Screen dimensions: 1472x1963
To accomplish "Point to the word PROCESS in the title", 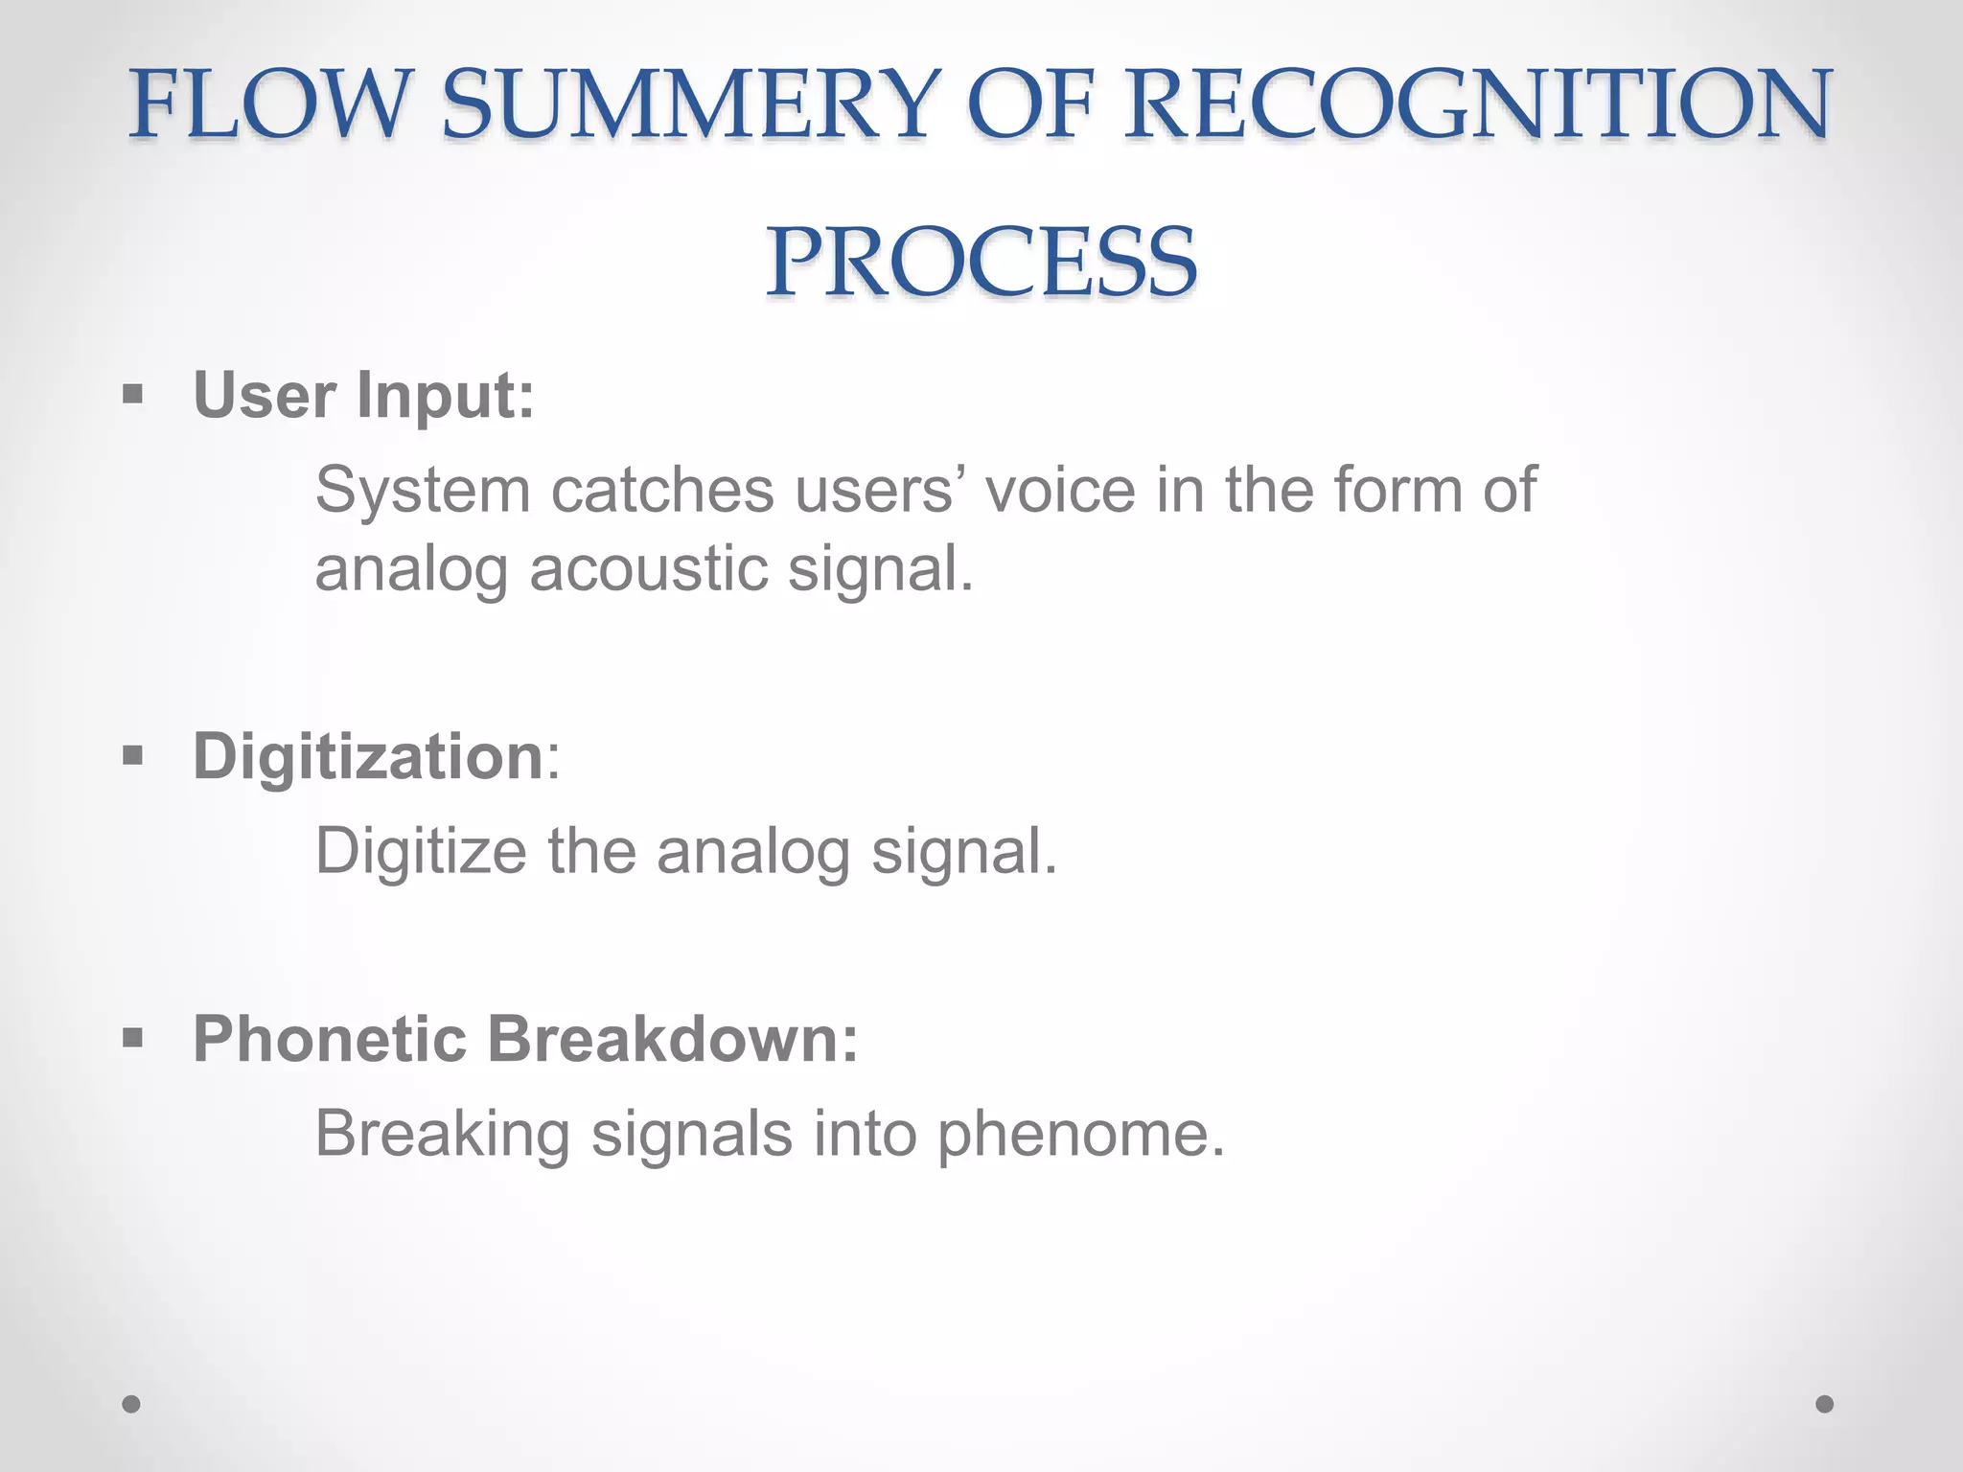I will click(x=981, y=262).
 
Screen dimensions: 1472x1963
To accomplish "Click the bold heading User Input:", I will click(x=363, y=395).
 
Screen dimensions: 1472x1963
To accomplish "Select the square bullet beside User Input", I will click(x=133, y=394).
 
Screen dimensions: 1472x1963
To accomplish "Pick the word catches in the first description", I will click(x=662, y=490).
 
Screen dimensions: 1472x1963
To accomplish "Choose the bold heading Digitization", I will click(x=369, y=756).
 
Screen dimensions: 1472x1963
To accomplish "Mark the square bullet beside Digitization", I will click(x=133, y=756).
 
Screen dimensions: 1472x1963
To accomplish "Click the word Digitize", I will click(x=421, y=851).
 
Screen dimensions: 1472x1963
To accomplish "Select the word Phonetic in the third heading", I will click(x=330, y=1039).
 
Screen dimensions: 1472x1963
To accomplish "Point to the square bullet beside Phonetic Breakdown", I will click(x=133, y=1038).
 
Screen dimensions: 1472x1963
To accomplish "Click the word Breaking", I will click(x=442, y=1134).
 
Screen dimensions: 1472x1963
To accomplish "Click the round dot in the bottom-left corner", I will click(x=131, y=1404).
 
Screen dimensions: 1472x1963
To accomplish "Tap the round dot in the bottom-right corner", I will click(x=1825, y=1404).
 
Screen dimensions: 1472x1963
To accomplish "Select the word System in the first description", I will click(x=423, y=490).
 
